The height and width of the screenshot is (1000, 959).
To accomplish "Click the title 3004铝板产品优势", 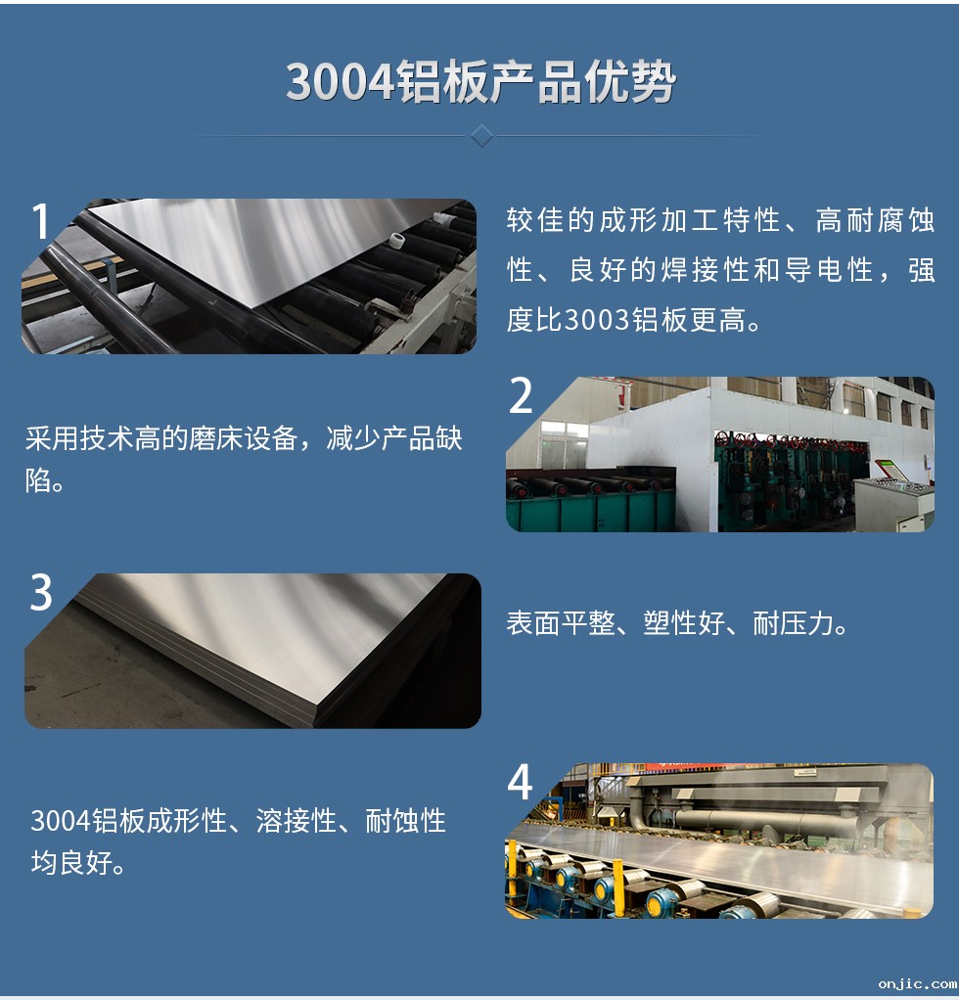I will point(479,82).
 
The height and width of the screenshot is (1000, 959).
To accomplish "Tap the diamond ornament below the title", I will point(480,135).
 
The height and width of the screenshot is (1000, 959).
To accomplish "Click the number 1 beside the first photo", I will point(40,223).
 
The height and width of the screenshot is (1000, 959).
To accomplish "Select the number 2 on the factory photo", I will point(522,396).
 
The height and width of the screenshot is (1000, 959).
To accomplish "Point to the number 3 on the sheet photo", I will point(41,594).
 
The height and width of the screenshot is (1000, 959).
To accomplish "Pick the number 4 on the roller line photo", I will point(521,783).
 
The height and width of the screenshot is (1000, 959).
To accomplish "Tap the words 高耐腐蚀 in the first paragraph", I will point(876,221).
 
